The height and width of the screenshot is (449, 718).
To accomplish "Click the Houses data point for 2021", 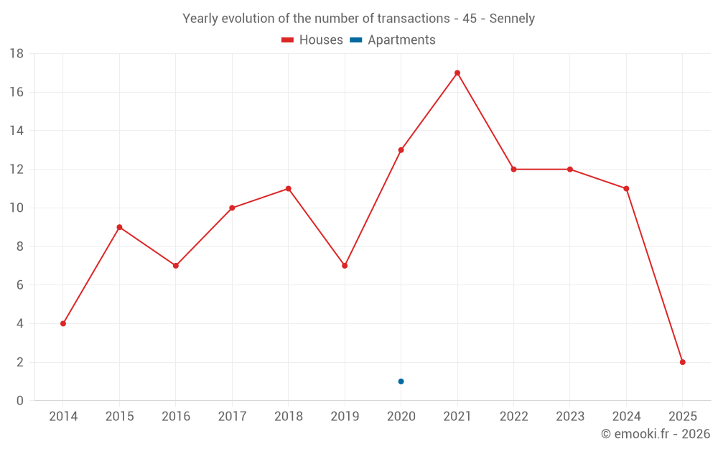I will click(457, 73).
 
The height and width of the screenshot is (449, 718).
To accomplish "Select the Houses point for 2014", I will click(63, 323).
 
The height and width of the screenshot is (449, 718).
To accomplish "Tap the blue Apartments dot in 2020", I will click(401, 381).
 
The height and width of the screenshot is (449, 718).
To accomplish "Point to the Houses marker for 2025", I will click(683, 362).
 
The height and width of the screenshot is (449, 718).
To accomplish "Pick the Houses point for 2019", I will click(345, 266).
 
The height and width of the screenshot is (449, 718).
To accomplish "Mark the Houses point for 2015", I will click(119, 227).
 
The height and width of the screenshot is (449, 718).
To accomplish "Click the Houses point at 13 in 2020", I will click(401, 150).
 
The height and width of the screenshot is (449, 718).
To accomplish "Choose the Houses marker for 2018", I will click(288, 189).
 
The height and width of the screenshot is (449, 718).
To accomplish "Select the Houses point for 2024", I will click(626, 189).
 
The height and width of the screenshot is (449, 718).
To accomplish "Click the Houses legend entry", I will click(312, 40).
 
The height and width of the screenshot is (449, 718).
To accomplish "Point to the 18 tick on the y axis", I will click(17, 54).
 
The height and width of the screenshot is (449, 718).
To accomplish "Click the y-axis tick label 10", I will click(17, 208).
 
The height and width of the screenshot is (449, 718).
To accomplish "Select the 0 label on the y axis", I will click(20, 401).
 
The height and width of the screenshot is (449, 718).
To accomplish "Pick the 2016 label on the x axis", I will click(176, 417).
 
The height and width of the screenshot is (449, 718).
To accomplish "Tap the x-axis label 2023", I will click(570, 417).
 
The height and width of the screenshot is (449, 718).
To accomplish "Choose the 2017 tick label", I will click(232, 417).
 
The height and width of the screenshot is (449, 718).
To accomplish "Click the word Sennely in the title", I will click(512, 19).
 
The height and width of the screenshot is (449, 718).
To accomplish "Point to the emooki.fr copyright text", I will click(656, 434).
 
